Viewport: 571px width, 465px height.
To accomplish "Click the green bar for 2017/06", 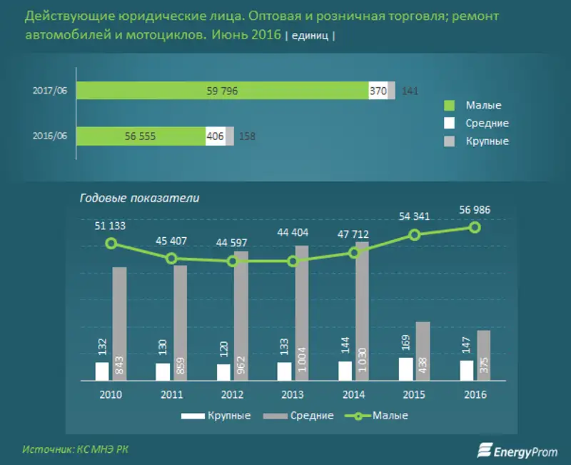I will click(221, 91).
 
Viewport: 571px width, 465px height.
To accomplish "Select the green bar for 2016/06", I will click(141, 136).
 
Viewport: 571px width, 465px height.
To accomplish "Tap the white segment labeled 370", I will click(378, 91).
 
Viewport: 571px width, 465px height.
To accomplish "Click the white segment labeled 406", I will click(215, 136).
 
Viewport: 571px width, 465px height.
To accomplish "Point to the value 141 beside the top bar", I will click(409, 91).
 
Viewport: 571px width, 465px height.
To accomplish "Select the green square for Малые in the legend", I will click(450, 106).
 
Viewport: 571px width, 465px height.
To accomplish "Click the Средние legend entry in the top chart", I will click(487, 124).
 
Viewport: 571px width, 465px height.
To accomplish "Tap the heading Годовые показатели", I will click(139, 199).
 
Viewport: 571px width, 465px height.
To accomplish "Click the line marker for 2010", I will click(111, 244).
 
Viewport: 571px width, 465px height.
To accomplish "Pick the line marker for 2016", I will click(475, 227).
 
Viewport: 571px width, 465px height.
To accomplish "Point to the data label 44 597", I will click(233, 242).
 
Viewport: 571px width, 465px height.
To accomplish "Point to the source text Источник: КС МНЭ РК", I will click(76, 449).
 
